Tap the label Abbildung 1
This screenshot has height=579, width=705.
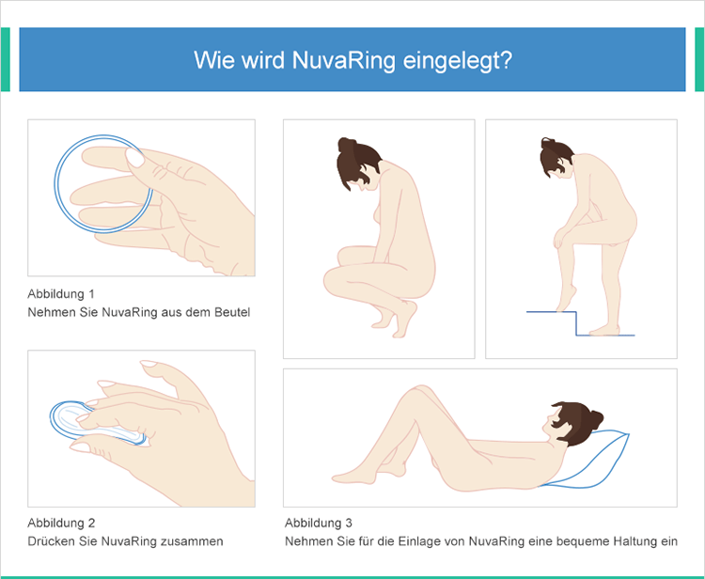[61, 293]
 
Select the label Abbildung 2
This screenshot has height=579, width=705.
[61, 523]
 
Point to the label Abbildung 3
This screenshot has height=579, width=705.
[319, 523]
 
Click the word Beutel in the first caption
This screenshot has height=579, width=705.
[231, 312]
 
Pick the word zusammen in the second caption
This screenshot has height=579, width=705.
[194, 541]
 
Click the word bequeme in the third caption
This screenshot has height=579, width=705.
[565, 541]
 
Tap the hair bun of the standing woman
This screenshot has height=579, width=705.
[547, 145]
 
